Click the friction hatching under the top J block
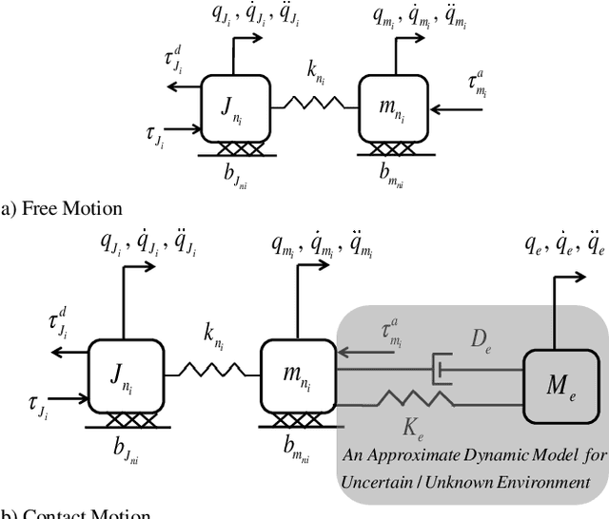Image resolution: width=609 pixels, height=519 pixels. pyautogui.click(x=233, y=150)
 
